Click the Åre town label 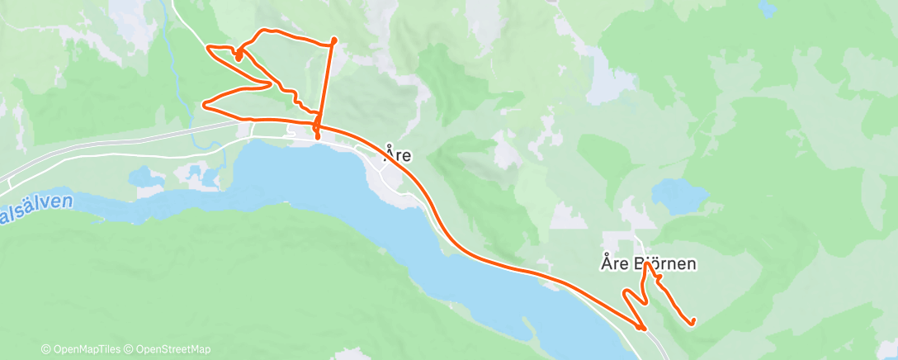click(398, 154)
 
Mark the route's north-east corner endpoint click(334, 40)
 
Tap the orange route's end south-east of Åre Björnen click(692, 321)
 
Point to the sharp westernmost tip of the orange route click(204, 104)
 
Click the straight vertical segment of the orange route click(327, 83)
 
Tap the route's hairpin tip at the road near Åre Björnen click(643, 328)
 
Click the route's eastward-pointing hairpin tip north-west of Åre click(272, 83)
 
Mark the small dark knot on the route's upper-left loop click(238, 55)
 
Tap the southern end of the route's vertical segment click(317, 138)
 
